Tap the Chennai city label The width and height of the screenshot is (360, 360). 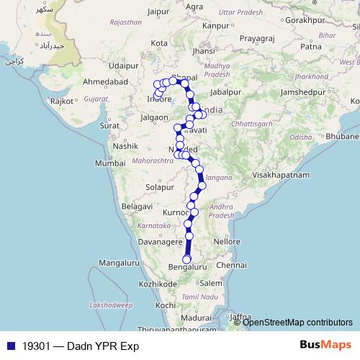point(231,265)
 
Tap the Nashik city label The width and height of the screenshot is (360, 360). point(125,145)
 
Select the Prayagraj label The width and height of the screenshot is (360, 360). point(259,35)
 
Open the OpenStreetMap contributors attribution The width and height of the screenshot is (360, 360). point(298,322)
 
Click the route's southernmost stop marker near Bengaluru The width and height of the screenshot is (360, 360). point(187,259)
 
